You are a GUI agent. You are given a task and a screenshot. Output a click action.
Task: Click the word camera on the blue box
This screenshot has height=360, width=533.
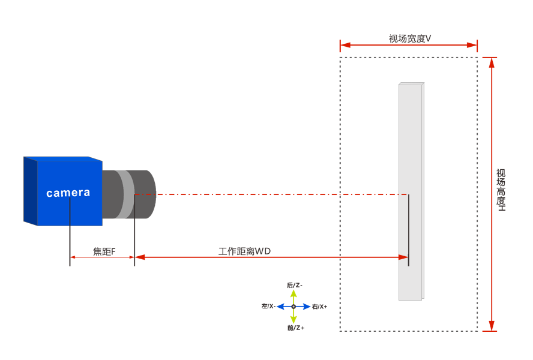point(68,193)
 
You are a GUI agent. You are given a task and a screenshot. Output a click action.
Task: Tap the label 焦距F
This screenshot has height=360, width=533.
point(104,251)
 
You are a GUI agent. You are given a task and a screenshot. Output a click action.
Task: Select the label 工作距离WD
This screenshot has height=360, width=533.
point(244,251)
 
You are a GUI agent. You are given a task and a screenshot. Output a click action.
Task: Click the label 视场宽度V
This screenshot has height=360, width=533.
point(410,38)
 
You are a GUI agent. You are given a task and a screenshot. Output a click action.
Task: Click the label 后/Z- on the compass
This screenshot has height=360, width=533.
point(294,285)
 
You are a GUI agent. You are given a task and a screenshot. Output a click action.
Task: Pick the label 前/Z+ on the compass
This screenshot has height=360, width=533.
point(295,328)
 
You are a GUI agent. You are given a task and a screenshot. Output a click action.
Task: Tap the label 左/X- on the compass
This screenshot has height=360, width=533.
point(268,306)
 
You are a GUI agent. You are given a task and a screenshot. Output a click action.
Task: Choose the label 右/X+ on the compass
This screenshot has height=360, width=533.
point(319,307)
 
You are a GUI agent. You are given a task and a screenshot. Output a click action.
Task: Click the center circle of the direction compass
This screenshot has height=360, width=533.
point(294,307)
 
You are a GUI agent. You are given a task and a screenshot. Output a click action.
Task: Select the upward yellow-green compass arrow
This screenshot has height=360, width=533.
point(294,295)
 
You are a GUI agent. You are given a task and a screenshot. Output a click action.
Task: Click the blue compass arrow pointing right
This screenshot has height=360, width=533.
point(304,307)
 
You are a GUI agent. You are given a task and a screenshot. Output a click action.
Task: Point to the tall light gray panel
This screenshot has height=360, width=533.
point(411,192)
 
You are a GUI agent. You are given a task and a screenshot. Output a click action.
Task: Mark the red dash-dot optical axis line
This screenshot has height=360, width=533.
point(270,194)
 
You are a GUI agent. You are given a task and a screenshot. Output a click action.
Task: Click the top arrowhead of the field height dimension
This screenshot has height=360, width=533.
point(492,61)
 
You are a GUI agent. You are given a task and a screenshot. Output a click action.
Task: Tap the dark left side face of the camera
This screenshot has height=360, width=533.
point(31,191)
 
